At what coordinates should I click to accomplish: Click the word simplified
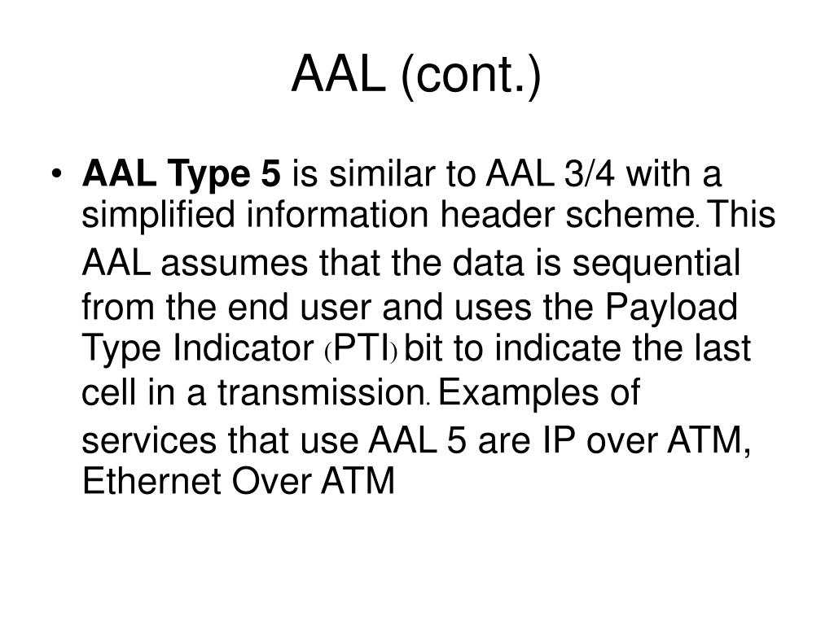(x=155, y=216)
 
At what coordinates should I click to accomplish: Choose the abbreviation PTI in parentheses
(x=362, y=351)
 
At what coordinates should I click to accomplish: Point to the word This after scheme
(x=743, y=216)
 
